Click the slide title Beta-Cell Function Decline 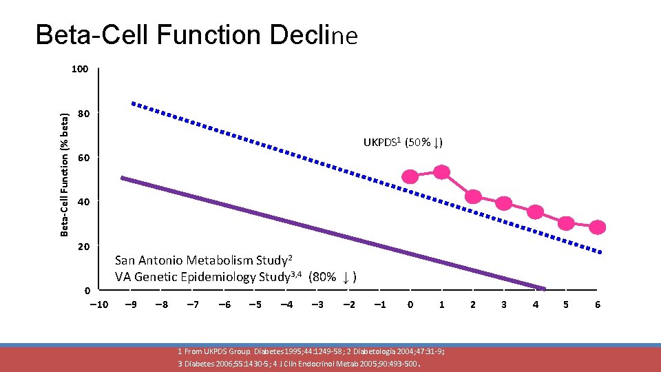[x=197, y=34]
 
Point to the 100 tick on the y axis [x=81, y=70]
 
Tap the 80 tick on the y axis [x=83, y=114]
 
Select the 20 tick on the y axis [x=83, y=247]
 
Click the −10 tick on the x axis [x=97, y=304]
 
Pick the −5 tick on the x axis [x=254, y=304]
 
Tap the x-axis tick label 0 [x=410, y=304]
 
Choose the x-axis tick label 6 [x=598, y=304]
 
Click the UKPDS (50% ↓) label [x=403, y=143]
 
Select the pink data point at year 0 [x=410, y=177]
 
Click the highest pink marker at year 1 [x=441, y=172]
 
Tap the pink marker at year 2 [x=473, y=196]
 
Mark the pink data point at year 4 [x=535, y=211]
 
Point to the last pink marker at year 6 [x=598, y=227]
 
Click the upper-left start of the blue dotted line [x=134, y=104]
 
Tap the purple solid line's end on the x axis [x=544, y=288]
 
